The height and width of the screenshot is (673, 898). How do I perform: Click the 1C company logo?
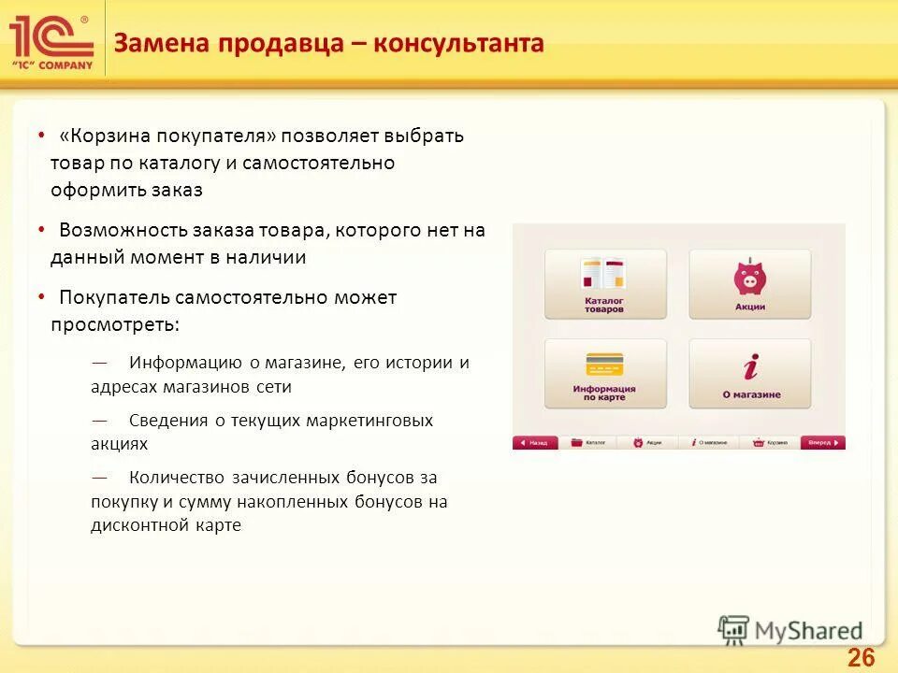(x=51, y=42)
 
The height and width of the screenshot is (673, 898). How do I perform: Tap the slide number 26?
(x=861, y=658)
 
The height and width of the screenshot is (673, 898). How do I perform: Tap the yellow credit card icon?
(x=603, y=365)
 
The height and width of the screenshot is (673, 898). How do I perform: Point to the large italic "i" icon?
(x=749, y=365)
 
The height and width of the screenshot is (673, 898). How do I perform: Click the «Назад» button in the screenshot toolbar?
(x=535, y=443)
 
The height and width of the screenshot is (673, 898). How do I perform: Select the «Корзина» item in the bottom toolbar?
(x=773, y=443)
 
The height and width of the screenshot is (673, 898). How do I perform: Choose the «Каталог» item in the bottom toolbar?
(x=590, y=443)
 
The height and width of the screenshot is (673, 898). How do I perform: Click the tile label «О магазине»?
(x=750, y=394)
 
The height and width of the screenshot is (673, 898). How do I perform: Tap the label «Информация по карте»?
(x=604, y=392)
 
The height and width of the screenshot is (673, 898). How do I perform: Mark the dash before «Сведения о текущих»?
(x=99, y=420)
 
